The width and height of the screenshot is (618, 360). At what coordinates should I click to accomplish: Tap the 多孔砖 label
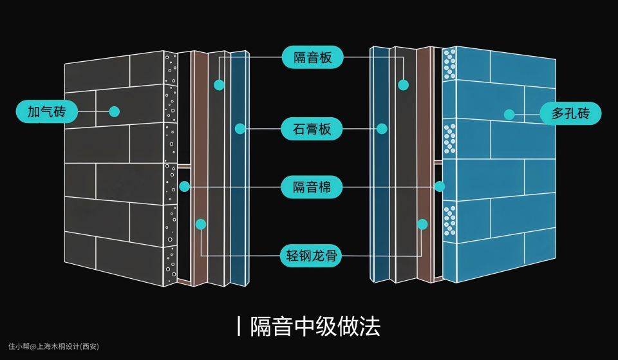click(x=570, y=114)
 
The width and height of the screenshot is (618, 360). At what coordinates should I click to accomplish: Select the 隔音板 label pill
click(x=312, y=57)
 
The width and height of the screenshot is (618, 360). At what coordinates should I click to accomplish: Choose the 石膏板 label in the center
click(x=312, y=129)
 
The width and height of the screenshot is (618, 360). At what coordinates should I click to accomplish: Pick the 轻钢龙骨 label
click(x=312, y=256)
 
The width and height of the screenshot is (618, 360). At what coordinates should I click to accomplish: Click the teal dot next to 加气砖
click(x=115, y=111)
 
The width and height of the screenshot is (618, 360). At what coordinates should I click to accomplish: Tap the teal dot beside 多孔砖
click(x=509, y=115)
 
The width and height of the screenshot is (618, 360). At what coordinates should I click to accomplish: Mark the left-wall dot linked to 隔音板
click(x=219, y=84)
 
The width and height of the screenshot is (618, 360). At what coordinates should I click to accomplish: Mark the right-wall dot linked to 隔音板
click(x=404, y=84)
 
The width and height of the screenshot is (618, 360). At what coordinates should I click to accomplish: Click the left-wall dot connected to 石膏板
click(x=240, y=129)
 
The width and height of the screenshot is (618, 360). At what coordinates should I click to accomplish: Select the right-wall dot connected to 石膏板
click(x=382, y=129)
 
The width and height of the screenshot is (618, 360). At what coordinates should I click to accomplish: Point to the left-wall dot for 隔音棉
click(x=185, y=187)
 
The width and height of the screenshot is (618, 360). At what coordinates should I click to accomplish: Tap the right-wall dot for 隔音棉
click(x=440, y=187)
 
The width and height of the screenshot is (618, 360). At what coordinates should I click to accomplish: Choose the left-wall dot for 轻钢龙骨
click(x=201, y=224)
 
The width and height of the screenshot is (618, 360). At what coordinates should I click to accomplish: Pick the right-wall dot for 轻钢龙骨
click(x=422, y=224)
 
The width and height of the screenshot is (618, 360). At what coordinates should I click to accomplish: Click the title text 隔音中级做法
click(x=315, y=326)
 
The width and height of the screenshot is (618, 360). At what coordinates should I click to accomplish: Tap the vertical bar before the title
click(x=239, y=326)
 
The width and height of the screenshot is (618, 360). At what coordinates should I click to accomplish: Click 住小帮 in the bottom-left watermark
click(x=20, y=346)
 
